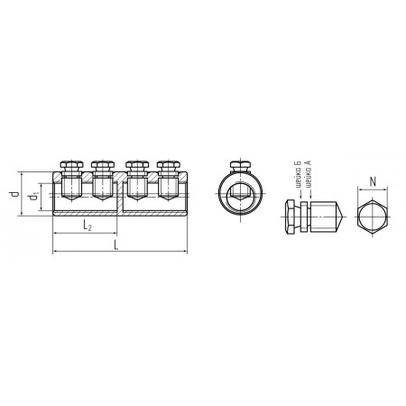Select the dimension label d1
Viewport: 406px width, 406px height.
(33, 197)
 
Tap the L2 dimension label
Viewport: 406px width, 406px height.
(88, 226)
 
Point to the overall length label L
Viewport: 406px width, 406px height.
(116, 245)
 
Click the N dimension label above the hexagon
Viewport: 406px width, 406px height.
(373, 182)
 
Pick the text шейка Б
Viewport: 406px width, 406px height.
(299, 174)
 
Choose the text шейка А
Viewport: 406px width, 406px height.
(308, 174)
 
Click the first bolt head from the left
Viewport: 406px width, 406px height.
(71, 165)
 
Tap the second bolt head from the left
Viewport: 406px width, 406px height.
(103, 165)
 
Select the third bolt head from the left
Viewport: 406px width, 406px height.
(137, 165)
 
